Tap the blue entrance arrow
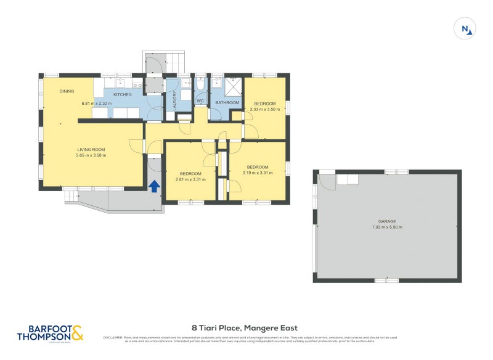(x=154, y=185)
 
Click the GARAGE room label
(x=387, y=221)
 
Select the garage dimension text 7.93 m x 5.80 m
(x=387, y=227)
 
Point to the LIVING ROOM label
(x=91, y=149)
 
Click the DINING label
(x=67, y=91)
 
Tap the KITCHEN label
(x=122, y=94)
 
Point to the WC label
(x=200, y=101)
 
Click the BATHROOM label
(x=227, y=102)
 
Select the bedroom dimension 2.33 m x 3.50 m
(x=265, y=109)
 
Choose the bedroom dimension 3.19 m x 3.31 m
(x=258, y=173)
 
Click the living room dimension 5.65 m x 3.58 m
(x=91, y=155)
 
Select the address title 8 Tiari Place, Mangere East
(x=245, y=329)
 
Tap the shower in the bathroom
(x=233, y=85)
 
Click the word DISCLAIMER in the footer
(x=113, y=337)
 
